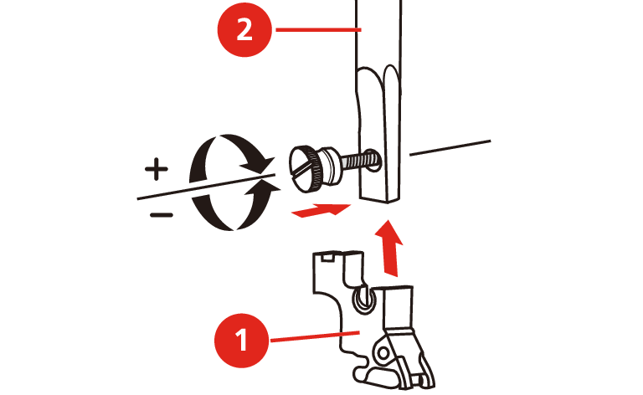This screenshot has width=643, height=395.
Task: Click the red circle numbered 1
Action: click(x=241, y=340)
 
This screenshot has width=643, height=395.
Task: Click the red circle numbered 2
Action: click(x=244, y=29)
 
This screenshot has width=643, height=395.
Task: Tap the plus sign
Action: click(x=157, y=168)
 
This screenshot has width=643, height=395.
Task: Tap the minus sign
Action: click(x=161, y=215)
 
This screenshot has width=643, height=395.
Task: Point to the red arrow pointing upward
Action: click(x=389, y=248)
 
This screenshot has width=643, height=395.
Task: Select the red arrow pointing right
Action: click(x=321, y=210)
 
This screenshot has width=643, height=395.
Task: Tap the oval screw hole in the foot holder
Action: click(x=363, y=300)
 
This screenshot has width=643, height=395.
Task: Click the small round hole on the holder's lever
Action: click(x=383, y=352)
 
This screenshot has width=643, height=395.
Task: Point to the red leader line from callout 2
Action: click(x=318, y=29)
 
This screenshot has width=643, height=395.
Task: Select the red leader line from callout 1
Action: click(x=315, y=336)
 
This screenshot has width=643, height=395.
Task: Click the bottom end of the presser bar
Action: click(x=379, y=200)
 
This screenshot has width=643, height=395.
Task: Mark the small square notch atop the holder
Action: click(x=327, y=257)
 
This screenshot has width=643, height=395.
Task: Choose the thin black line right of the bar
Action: click(x=450, y=148)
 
